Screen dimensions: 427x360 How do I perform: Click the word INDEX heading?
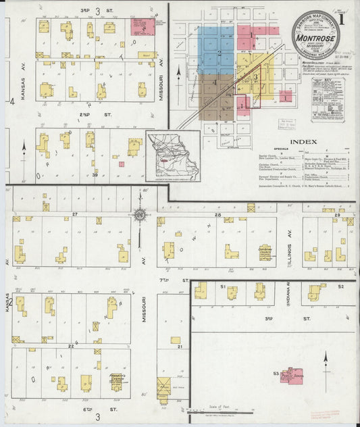(x=304, y=143)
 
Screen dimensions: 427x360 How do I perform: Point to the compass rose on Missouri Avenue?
(x=140, y=216)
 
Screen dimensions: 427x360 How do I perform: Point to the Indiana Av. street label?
(x=288, y=293)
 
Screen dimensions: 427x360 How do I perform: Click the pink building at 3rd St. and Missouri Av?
(x=142, y=27)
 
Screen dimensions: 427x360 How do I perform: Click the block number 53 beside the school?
(x=276, y=373)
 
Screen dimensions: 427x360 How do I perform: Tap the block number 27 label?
(x=76, y=214)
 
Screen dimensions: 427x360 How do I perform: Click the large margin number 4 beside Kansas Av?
(x=11, y=101)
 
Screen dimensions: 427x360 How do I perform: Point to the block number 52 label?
(x=341, y=286)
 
